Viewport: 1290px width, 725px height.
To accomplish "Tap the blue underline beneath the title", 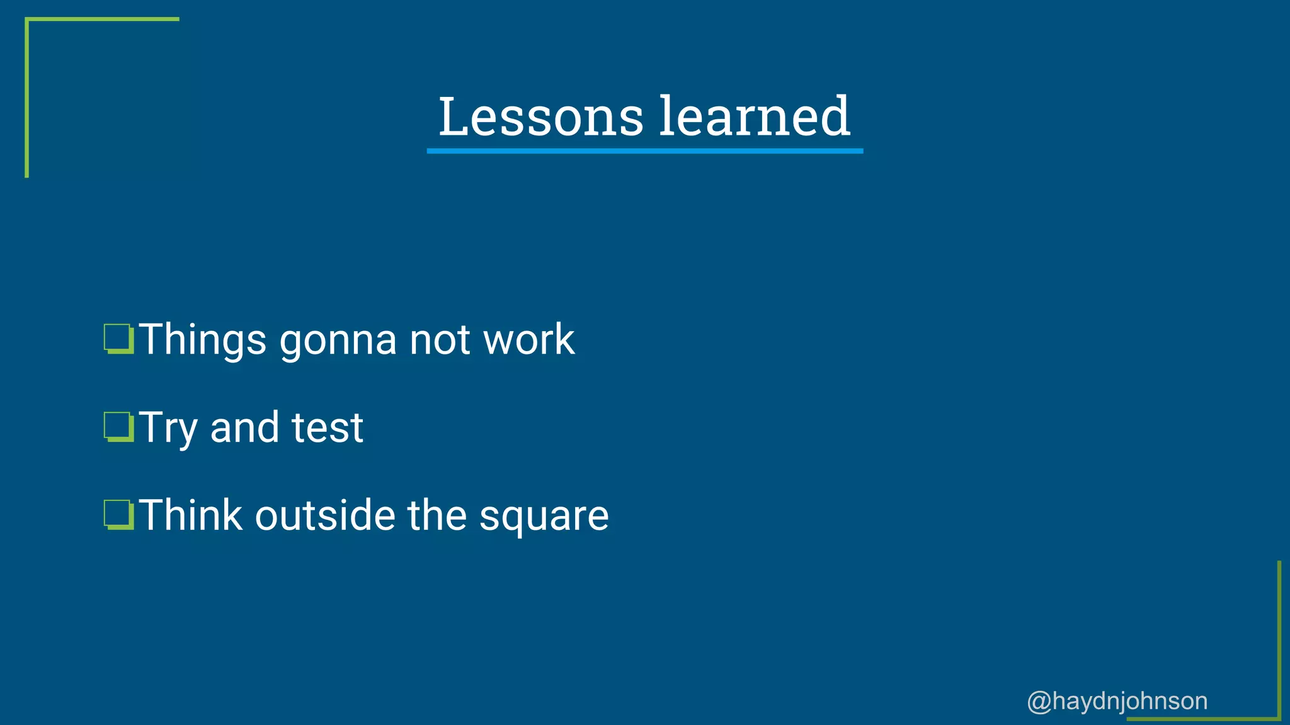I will (x=644, y=151).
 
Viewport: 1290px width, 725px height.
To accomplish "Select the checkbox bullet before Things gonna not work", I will (x=118, y=339).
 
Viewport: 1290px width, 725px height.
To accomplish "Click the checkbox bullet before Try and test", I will (x=118, y=427).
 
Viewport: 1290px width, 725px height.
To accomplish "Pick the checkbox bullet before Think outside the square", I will (x=118, y=515).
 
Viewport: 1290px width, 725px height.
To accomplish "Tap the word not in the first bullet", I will (x=439, y=340).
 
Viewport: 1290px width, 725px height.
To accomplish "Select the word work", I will (x=528, y=340).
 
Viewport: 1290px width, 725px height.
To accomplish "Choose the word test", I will (x=327, y=428).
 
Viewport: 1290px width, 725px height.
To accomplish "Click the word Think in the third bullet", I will (x=191, y=515).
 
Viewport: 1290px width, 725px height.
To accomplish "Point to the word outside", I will (x=324, y=515).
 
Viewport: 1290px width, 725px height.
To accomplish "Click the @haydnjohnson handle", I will (x=1117, y=701).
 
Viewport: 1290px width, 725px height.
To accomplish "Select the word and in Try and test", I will (x=244, y=428).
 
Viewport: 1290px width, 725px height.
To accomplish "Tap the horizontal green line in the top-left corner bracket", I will (x=103, y=20).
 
